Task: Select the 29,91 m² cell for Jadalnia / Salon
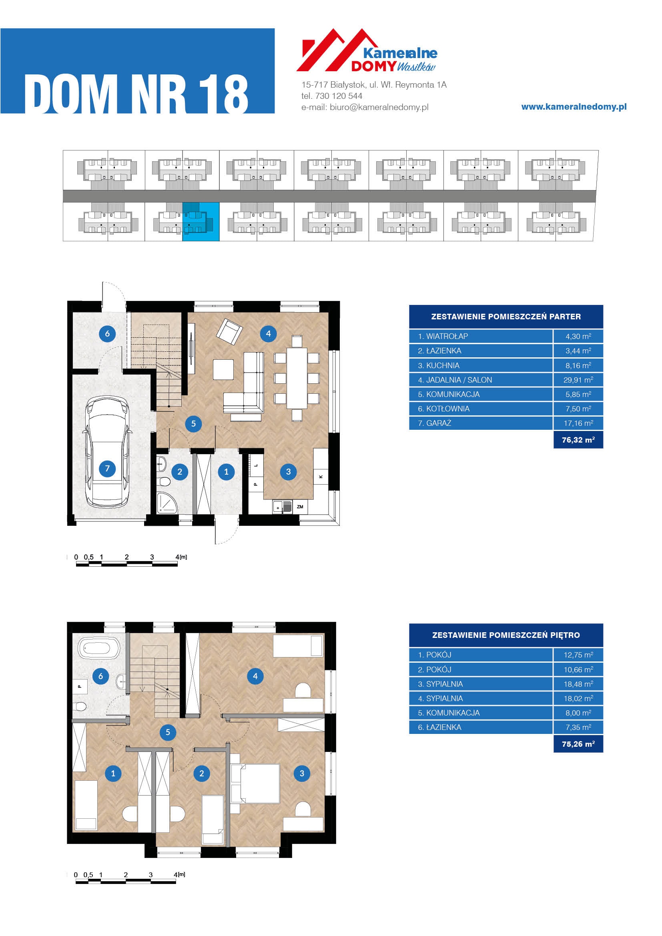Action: (x=578, y=380)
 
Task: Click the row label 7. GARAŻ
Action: (x=435, y=423)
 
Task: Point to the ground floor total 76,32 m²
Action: (x=578, y=440)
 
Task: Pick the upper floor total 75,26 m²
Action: (x=578, y=744)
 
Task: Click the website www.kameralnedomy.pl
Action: (x=574, y=107)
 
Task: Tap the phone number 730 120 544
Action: (x=339, y=96)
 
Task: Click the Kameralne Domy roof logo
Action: (x=367, y=50)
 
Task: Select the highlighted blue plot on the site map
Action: (x=201, y=222)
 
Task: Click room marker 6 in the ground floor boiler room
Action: (x=107, y=333)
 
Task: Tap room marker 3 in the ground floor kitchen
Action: (x=288, y=472)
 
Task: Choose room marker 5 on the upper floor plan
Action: (x=168, y=732)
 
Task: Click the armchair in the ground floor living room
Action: (x=229, y=331)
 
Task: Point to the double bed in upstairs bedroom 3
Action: (x=256, y=783)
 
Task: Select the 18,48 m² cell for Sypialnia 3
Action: (x=578, y=684)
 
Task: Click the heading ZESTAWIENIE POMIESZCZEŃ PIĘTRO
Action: (x=506, y=635)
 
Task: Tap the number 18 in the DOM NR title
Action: (x=223, y=94)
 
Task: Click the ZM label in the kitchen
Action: (x=300, y=507)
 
